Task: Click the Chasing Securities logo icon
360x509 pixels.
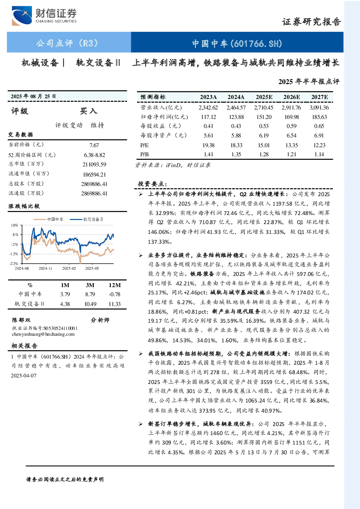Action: [22, 16]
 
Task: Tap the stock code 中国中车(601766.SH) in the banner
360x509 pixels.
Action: [237, 44]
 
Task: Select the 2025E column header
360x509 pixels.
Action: [264, 97]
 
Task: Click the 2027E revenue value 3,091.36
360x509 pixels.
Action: [319, 107]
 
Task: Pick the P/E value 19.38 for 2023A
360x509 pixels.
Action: [208, 145]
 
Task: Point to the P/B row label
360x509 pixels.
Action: [144, 154]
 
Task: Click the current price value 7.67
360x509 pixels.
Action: [94, 145]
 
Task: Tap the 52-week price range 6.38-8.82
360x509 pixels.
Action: [95, 155]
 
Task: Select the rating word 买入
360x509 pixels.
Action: [88, 111]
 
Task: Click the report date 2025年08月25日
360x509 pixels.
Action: [33, 96]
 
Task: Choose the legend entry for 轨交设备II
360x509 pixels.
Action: [86, 219]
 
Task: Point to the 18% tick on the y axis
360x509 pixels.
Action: [15, 225]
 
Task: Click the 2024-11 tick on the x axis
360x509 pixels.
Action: [45, 268]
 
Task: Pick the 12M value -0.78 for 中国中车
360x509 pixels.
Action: [115, 294]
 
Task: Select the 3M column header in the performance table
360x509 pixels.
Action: [90, 285]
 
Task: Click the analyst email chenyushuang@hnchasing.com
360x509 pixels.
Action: [43, 334]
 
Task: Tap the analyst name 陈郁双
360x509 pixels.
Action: [21, 320]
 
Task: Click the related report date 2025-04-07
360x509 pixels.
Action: [24, 376]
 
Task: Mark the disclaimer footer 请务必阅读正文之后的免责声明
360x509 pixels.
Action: [65, 480]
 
